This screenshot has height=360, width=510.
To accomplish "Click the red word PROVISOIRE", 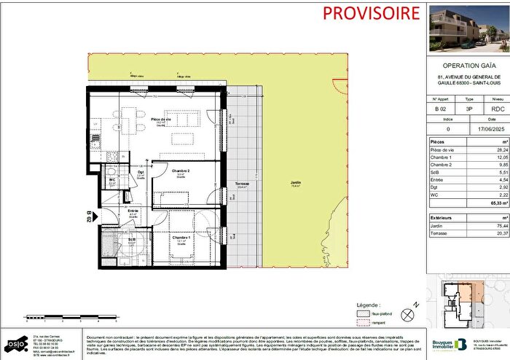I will (x=361, y=12).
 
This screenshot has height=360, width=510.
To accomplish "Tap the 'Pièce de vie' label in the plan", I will (x=160, y=120).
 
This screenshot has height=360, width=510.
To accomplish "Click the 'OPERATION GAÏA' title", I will (x=465, y=63).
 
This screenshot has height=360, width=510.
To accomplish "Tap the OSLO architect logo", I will (x=15, y=343).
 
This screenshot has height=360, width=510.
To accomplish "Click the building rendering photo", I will (x=465, y=26).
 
